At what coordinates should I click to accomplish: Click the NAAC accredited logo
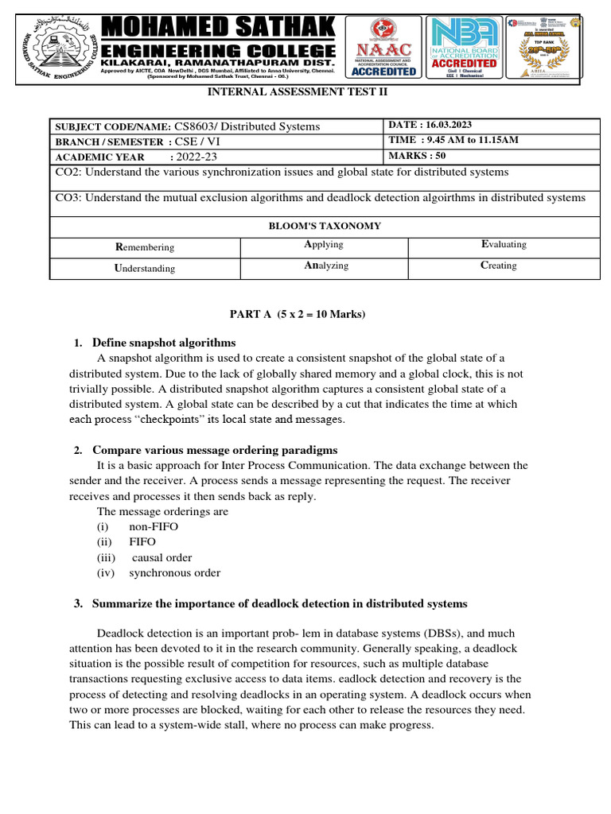coord(384,47)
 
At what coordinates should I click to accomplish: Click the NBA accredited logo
coord(464,47)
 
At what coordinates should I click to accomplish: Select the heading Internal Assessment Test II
coord(298,92)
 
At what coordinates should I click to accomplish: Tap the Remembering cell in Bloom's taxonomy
coord(145,247)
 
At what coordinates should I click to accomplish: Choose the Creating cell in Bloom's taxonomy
coord(498,266)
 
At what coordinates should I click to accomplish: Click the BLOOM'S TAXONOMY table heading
coord(325,226)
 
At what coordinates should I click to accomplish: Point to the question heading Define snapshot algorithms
coord(164,343)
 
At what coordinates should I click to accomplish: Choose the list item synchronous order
coord(175,572)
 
